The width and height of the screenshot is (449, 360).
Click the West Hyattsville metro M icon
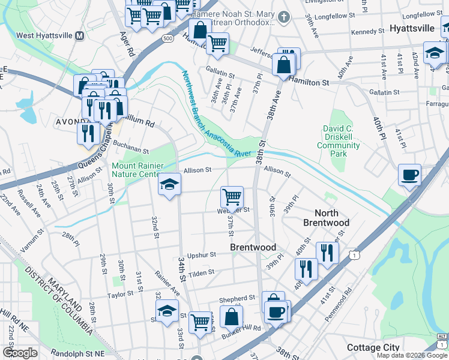tap(79, 35)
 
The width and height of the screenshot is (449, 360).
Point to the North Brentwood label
tap(327, 218)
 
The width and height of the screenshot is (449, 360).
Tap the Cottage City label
tap(372, 348)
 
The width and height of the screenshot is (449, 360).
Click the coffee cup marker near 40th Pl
tap(409, 175)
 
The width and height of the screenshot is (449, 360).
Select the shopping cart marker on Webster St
tap(232, 196)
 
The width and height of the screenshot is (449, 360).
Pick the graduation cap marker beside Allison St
tap(169, 184)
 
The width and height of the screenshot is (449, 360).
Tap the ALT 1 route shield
tap(442, 340)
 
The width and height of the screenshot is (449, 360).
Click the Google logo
tap(20, 353)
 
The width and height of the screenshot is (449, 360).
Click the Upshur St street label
tap(200, 254)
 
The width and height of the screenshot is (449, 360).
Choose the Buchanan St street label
tap(129, 149)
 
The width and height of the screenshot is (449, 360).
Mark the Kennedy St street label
tap(367, 31)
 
